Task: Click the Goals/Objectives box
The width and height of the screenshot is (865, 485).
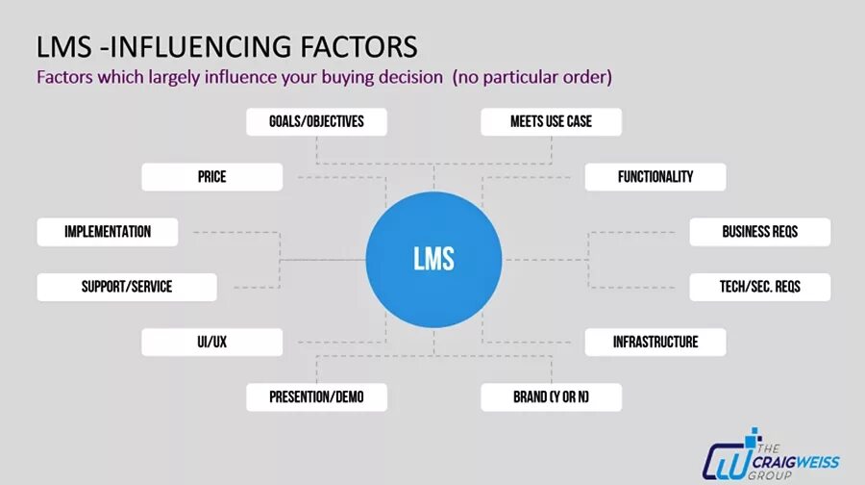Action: [316, 122]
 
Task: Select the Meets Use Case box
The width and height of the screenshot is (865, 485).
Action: [551, 122]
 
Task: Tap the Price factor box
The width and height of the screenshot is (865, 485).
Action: [211, 177]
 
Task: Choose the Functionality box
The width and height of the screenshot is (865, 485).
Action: [655, 177]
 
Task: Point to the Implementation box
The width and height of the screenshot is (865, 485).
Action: [108, 232]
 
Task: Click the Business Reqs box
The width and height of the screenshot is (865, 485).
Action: [759, 232]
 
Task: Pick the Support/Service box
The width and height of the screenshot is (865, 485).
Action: [127, 287]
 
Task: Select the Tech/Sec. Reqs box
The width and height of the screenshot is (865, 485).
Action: [759, 287]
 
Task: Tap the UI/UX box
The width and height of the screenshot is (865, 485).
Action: [211, 342]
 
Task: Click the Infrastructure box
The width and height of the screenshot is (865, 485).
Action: [655, 342]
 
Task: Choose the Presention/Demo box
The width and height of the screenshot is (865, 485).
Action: [316, 396]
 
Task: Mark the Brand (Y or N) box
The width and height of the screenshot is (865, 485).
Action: [551, 396]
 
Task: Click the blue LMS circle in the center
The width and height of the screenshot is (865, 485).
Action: [433, 259]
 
